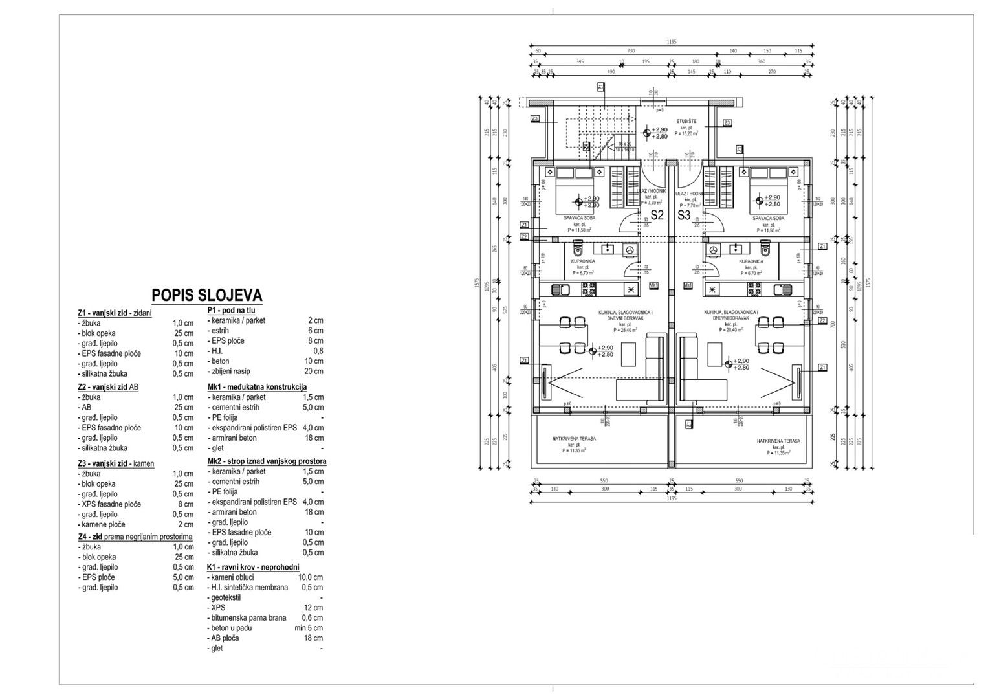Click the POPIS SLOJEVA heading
pyautogui.click(x=206, y=296)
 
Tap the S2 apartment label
pyautogui.click(x=657, y=215)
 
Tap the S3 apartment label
pyautogui.click(x=684, y=215)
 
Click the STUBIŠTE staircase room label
pyautogui.click(x=686, y=121)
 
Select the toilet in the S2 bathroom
pyautogui.click(x=578, y=249)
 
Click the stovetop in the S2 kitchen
pyautogui.click(x=589, y=291)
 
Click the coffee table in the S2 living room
pyautogui.click(x=630, y=353)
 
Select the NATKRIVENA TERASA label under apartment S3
pyautogui.click(x=778, y=441)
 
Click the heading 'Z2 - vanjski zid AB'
pyautogui.click(x=108, y=387)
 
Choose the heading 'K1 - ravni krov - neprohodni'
pyautogui.click(x=253, y=567)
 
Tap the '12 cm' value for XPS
pyautogui.click(x=314, y=608)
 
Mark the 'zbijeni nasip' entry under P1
pyautogui.click(x=230, y=372)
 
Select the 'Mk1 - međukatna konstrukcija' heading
pyautogui.click(x=257, y=387)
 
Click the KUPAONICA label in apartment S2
pyautogui.click(x=583, y=261)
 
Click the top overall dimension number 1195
pyautogui.click(x=671, y=42)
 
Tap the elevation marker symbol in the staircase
pyautogui.click(x=646, y=133)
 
